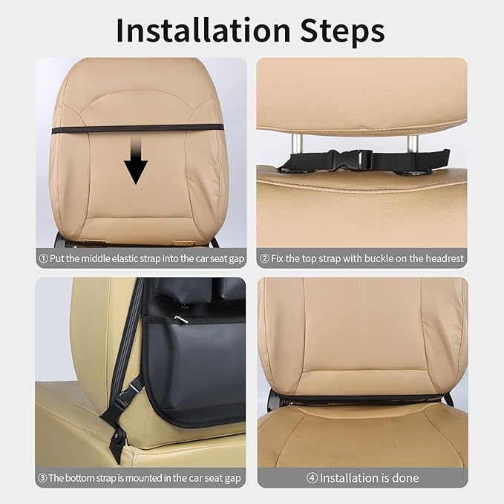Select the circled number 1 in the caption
coord(43,259)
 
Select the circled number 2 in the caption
coord(264,259)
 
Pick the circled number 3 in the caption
coord(42,478)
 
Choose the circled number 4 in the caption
coord(312,478)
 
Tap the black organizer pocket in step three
coord(200,364)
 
